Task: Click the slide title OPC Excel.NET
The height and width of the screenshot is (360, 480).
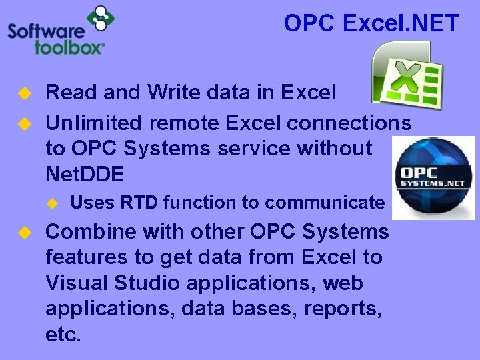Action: pos(371,24)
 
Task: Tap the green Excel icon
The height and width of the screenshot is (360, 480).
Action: pos(407,74)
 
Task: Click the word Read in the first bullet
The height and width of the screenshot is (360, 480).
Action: pos(67,93)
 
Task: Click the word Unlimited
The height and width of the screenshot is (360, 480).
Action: pos(93,123)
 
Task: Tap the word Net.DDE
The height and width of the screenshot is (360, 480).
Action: pos(85,175)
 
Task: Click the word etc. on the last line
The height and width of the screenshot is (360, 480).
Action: pos(63,334)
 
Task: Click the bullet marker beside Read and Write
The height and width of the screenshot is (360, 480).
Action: pos(25,93)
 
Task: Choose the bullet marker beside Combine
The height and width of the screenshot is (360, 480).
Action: pos(25,232)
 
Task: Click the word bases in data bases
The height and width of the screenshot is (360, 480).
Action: pos(238,309)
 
